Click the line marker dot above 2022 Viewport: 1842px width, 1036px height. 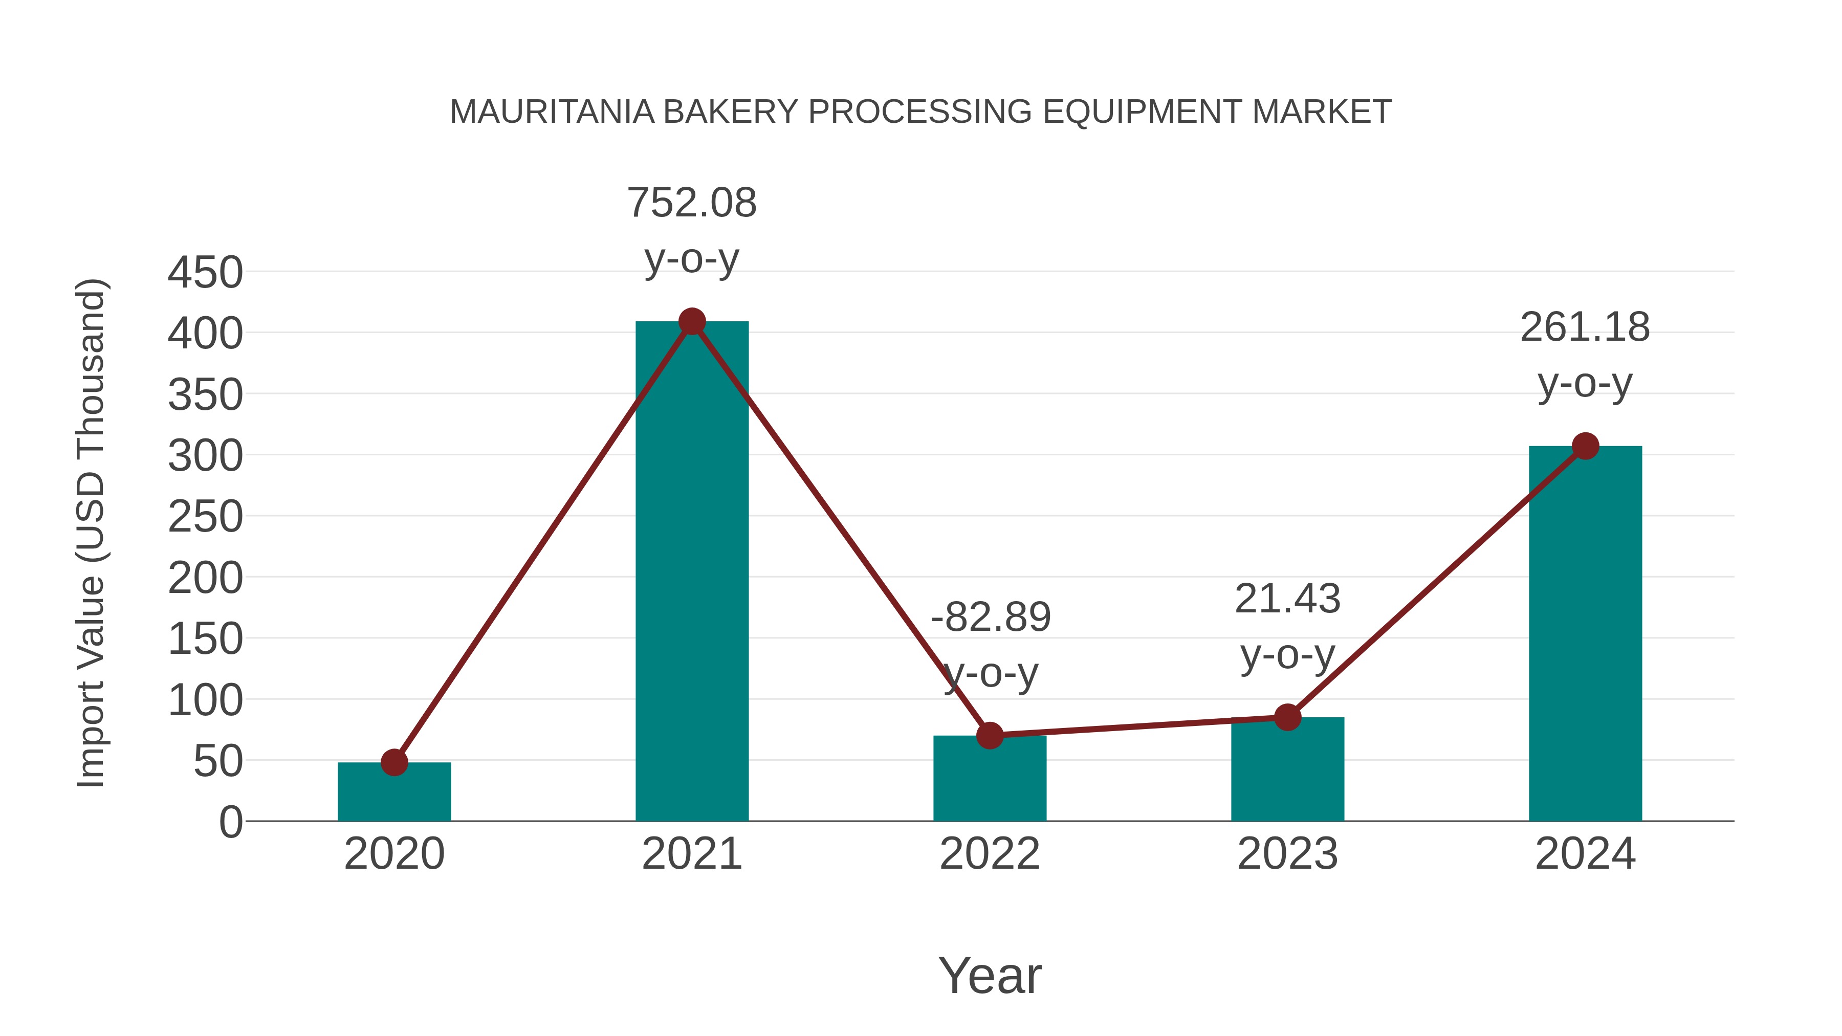pos(990,735)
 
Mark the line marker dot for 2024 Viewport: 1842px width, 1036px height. pos(1585,446)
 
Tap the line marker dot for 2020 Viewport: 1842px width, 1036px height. pos(394,762)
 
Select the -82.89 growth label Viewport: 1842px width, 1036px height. pos(991,617)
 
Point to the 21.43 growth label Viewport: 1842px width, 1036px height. pos(1287,599)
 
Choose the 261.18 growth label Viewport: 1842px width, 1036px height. pos(1585,327)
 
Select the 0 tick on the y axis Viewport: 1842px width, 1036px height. pos(230,822)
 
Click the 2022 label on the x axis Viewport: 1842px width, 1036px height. pos(990,854)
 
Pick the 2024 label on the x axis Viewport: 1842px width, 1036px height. pos(1585,854)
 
